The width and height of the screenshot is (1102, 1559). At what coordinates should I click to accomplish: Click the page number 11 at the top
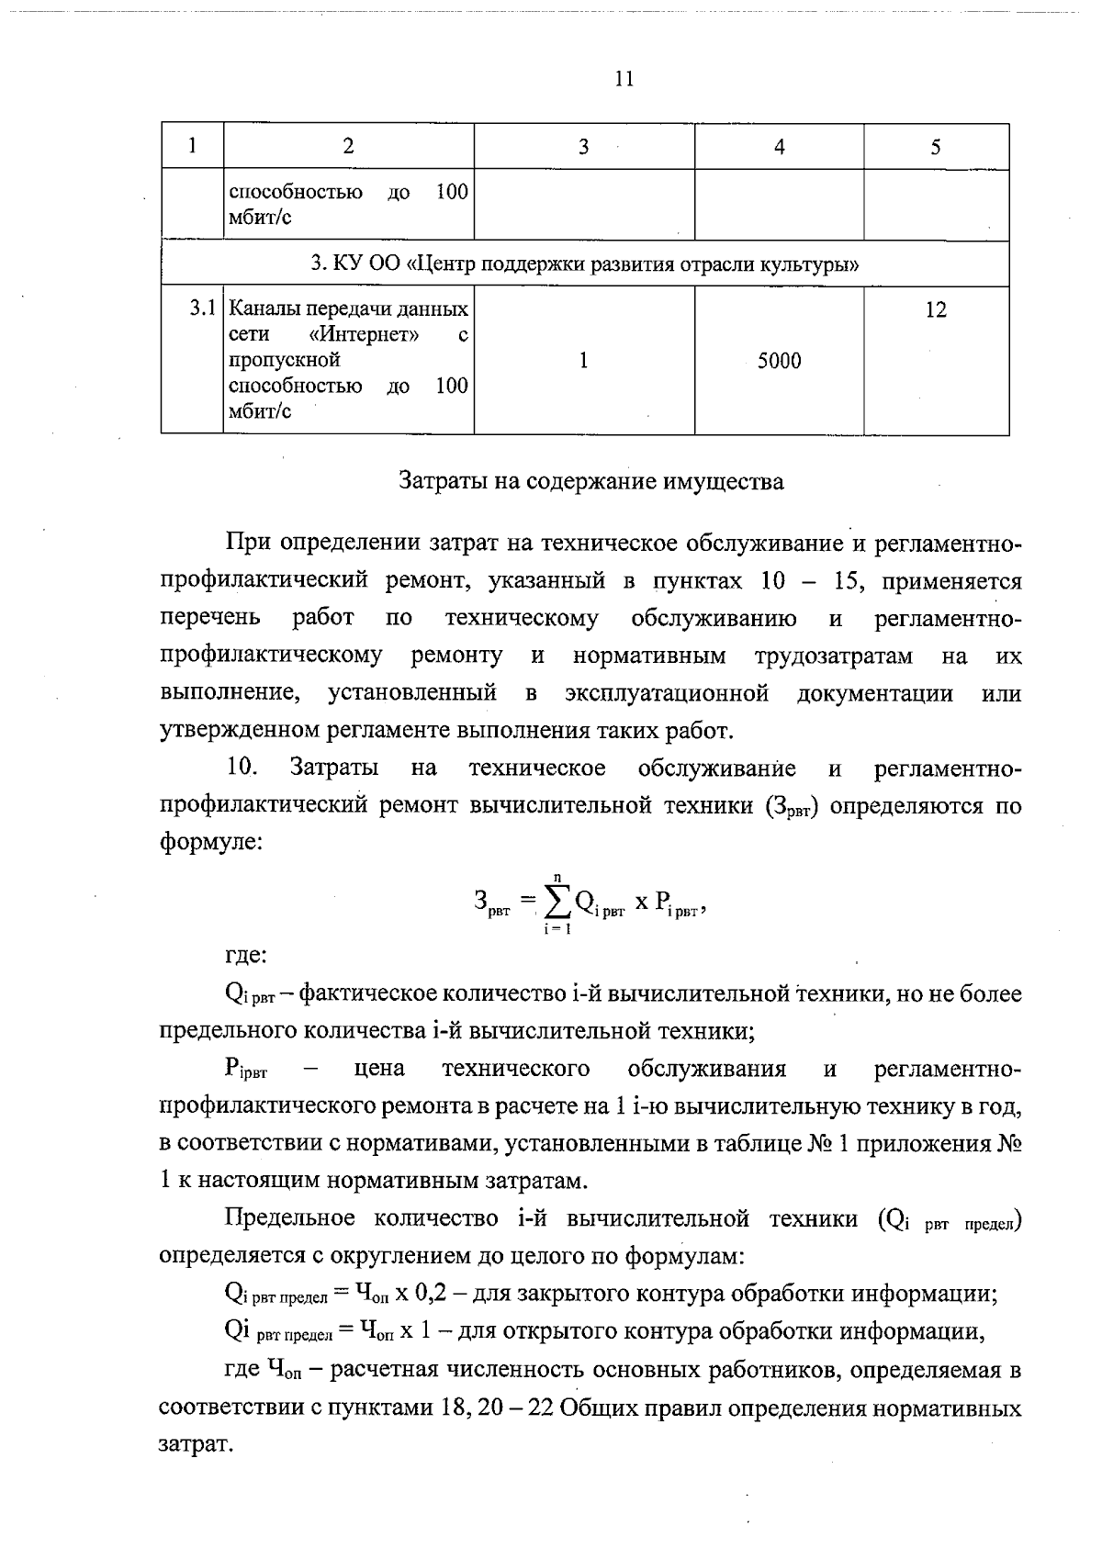(x=624, y=79)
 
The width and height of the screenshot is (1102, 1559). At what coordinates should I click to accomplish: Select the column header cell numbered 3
(x=583, y=147)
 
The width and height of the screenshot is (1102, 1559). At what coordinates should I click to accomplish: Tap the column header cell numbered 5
(x=935, y=147)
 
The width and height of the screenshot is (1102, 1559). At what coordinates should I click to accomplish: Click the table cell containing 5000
(x=779, y=361)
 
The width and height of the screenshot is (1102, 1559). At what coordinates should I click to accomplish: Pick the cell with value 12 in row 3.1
(x=935, y=310)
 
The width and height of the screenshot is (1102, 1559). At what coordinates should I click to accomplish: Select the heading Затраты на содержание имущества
(x=591, y=481)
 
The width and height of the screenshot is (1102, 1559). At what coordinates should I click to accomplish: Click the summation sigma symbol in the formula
(x=557, y=904)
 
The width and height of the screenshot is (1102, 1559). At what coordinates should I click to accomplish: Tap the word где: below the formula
(x=246, y=956)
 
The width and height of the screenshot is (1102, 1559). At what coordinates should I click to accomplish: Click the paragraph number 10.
(x=242, y=768)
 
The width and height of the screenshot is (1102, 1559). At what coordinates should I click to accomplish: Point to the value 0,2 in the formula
(x=434, y=1294)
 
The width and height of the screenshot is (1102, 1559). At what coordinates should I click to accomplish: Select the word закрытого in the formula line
(x=567, y=1294)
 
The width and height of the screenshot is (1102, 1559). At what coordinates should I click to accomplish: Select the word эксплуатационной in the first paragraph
(x=667, y=693)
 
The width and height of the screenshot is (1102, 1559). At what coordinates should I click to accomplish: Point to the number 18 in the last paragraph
(x=455, y=1408)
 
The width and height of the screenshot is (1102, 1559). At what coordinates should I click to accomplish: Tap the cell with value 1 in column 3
(x=583, y=361)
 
